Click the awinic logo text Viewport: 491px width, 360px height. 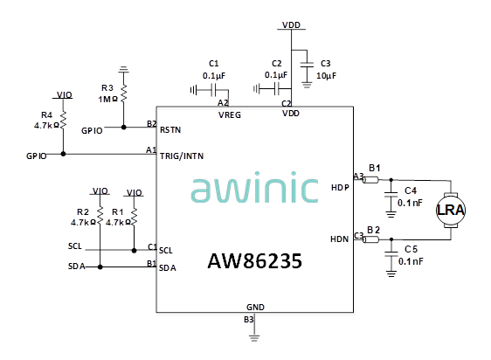[254, 187]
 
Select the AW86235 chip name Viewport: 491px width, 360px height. [255, 261]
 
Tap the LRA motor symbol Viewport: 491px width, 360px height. [451, 210]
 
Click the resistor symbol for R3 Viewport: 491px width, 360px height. [124, 93]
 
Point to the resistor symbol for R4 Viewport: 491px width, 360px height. [63, 120]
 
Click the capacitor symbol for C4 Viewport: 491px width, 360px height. [391, 195]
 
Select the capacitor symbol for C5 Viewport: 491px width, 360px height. [391, 253]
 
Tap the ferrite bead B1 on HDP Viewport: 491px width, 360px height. [370, 180]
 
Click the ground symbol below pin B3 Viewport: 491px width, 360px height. [254, 338]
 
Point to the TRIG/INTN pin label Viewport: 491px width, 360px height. [182, 156]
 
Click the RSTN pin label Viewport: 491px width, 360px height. [170, 129]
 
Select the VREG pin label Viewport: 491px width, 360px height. [230, 115]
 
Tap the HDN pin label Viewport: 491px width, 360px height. [340, 239]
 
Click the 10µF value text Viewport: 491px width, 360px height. [326, 76]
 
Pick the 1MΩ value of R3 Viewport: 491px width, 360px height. [108, 100]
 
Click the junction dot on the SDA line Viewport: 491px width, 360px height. [100, 267]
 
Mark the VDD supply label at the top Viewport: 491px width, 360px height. [291, 25]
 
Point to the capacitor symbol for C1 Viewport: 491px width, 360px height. [214, 90]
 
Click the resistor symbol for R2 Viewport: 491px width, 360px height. [100, 216]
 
